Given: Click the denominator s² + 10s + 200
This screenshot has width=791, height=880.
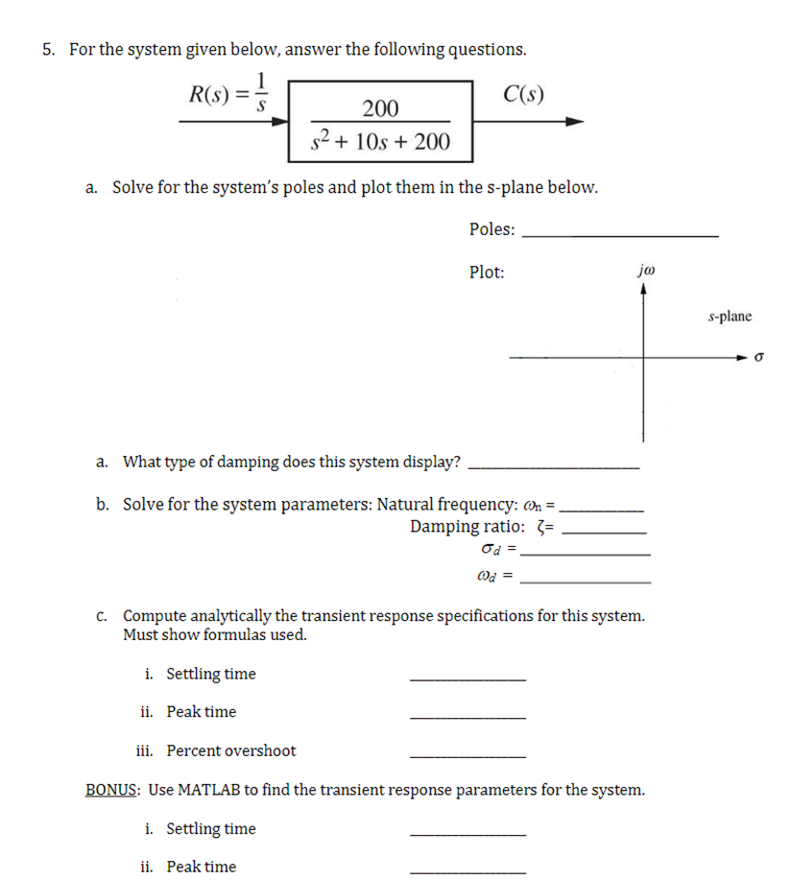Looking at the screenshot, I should (380, 144).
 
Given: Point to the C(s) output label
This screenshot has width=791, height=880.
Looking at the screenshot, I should (524, 94).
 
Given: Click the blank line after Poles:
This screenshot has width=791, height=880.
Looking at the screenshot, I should (623, 235).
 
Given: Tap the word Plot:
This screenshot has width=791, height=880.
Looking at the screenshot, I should (487, 273).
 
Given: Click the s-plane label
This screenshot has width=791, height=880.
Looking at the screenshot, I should (730, 316).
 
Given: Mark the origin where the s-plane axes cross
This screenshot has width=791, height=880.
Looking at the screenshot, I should (645, 357).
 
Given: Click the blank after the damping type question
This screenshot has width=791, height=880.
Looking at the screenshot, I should (558, 468).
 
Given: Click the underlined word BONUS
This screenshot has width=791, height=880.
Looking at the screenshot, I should (113, 790).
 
